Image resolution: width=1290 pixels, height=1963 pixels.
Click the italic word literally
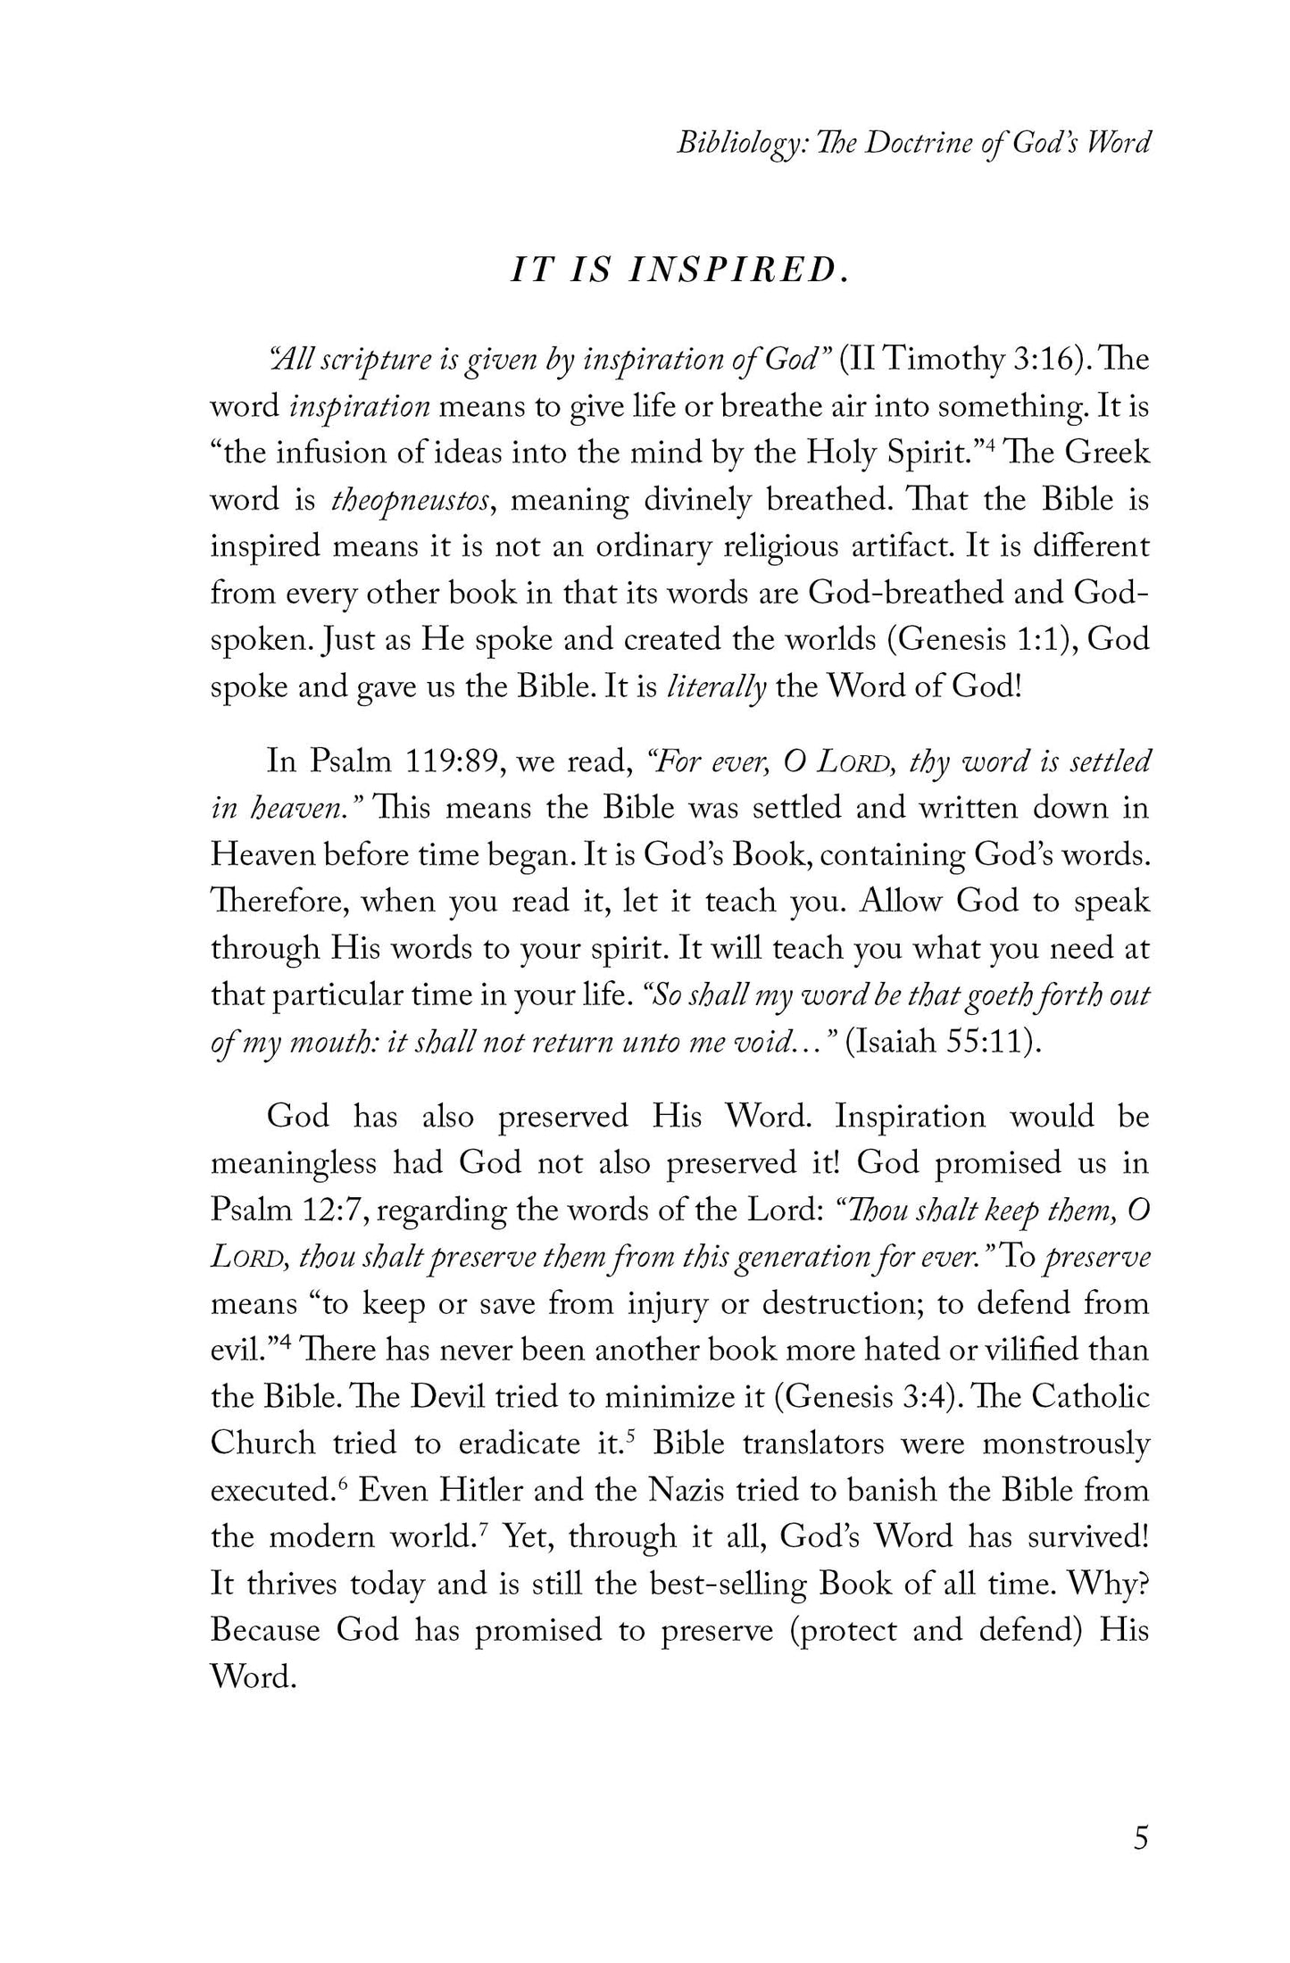click(x=717, y=688)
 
